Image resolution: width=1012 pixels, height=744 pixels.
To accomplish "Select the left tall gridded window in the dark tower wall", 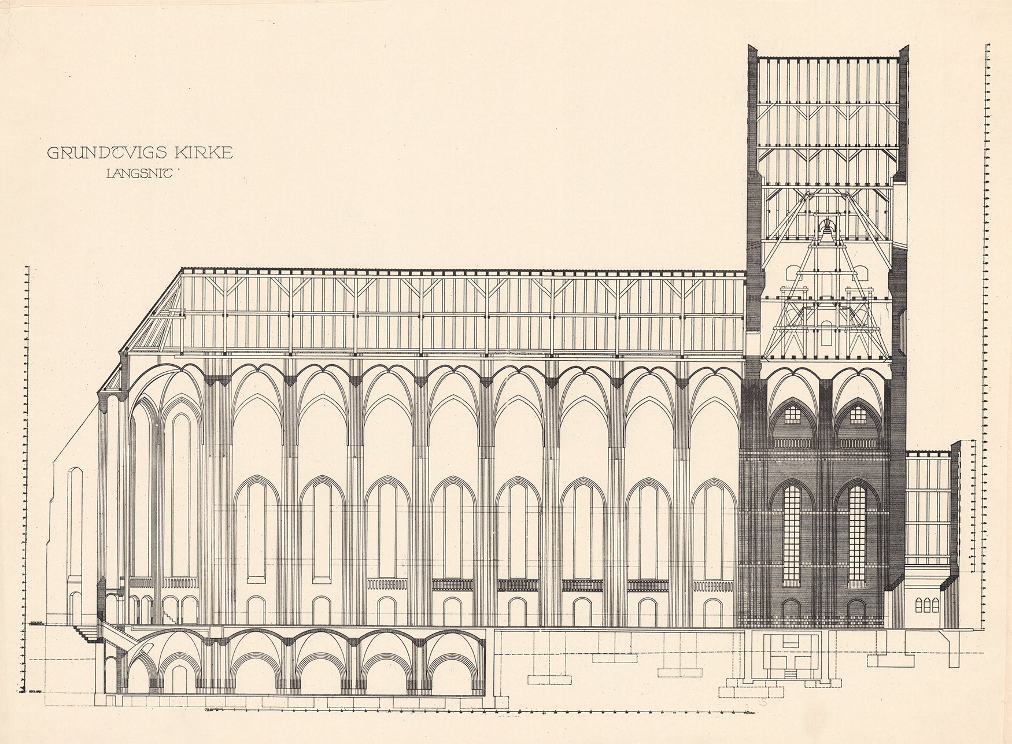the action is point(792,533).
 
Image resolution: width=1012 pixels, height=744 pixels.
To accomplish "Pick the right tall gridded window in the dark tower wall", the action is point(857,533).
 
